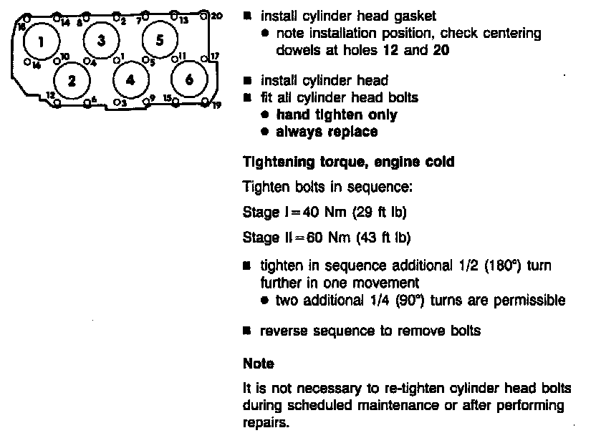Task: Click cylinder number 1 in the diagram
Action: (40, 42)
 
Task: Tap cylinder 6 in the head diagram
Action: (188, 79)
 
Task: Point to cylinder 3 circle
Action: (101, 40)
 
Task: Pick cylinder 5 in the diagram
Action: (159, 39)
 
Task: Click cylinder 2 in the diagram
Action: (71, 79)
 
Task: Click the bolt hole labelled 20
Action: (203, 14)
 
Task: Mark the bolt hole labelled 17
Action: (204, 58)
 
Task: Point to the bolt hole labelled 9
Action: (146, 102)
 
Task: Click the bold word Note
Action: (258, 364)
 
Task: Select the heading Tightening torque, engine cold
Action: (348, 162)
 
